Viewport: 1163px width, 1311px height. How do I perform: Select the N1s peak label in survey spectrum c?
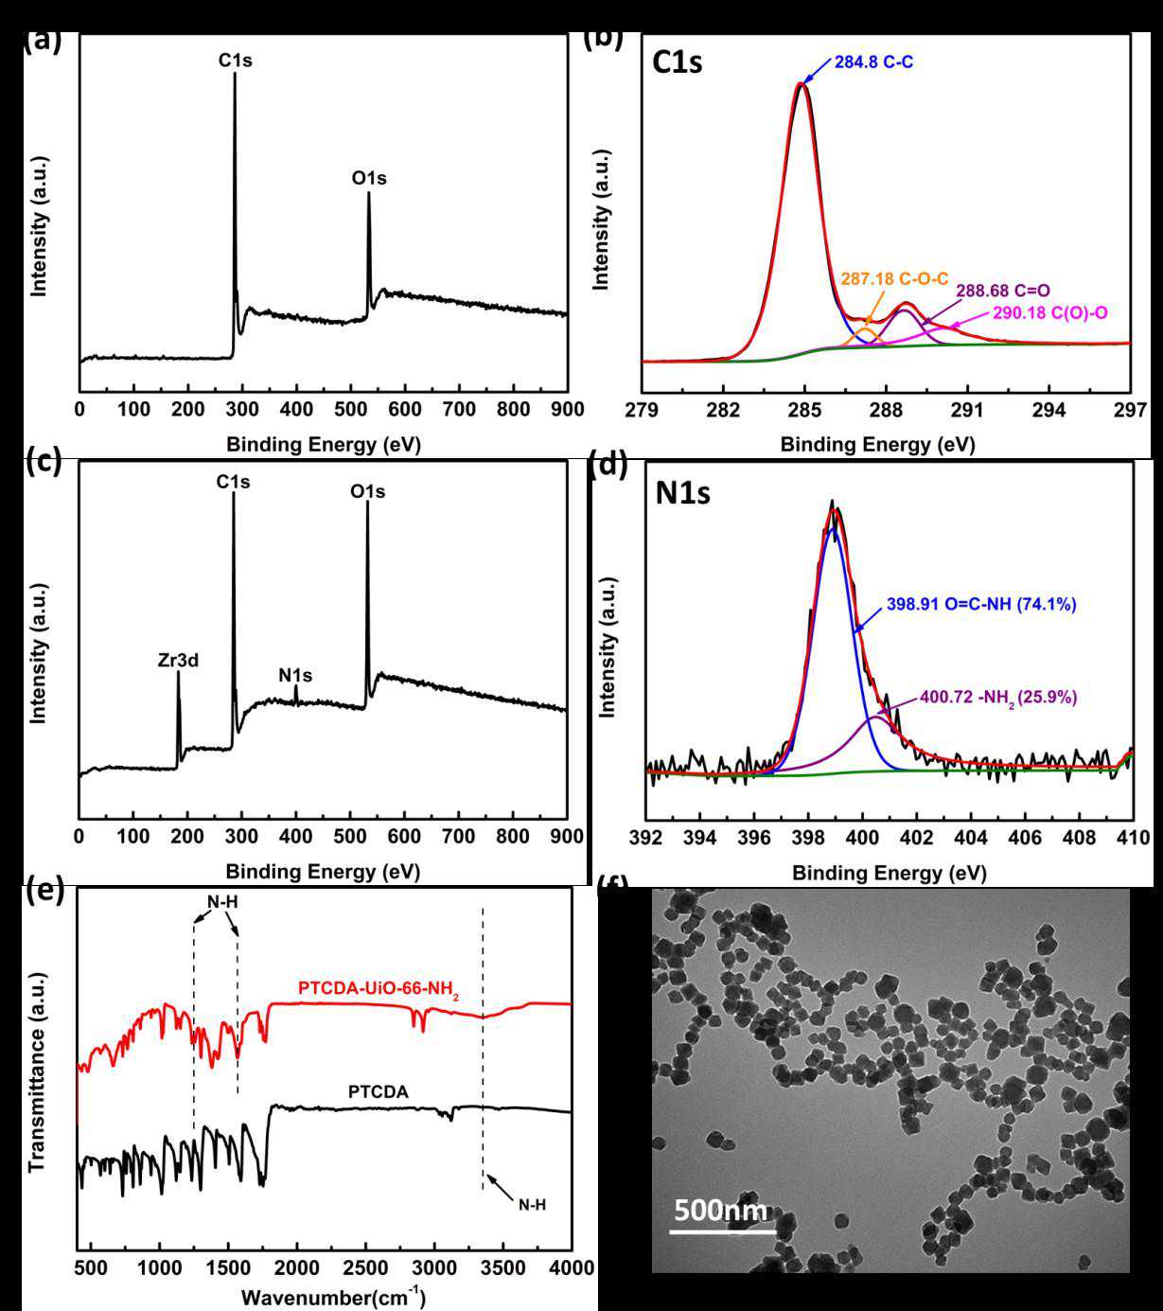[295, 676]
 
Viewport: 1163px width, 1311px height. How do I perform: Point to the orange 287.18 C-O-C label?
[894, 280]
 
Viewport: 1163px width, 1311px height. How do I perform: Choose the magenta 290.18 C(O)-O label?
[1050, 311]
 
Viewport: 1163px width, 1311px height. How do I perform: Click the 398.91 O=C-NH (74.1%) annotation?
[981, 604]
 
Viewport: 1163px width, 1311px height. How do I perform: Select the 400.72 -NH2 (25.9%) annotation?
[998, 698]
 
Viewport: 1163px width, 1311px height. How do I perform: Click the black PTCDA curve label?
[379, 1092]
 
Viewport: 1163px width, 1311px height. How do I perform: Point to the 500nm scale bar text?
[721, 1211]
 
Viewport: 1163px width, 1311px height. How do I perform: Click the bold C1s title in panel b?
[678, 63]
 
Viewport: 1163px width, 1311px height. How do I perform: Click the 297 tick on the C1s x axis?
[1131, 410]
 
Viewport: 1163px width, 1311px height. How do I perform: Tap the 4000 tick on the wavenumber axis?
[571, 1267]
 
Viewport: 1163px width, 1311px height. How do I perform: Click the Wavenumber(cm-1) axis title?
[332, 1296]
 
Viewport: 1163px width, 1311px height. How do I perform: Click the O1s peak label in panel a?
[368, 178]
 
